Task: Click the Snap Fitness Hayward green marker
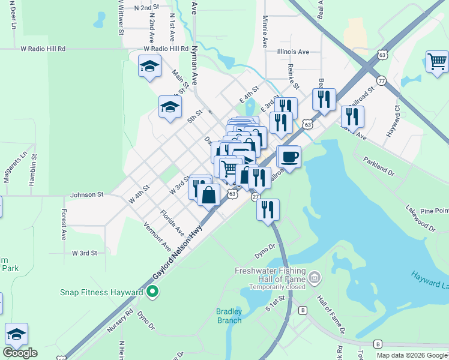(152, 292)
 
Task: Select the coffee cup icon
(289, 157)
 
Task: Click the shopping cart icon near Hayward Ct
(438, 61)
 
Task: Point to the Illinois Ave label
(293, 52)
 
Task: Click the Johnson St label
(87, 195)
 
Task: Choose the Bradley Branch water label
(229, 316)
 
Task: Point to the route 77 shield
(381, 80)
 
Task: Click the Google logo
(20, 352)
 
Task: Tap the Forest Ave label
(63, 224)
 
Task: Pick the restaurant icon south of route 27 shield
(268, 209)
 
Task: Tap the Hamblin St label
(34, 175)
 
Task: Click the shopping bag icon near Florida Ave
(208, 195)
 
